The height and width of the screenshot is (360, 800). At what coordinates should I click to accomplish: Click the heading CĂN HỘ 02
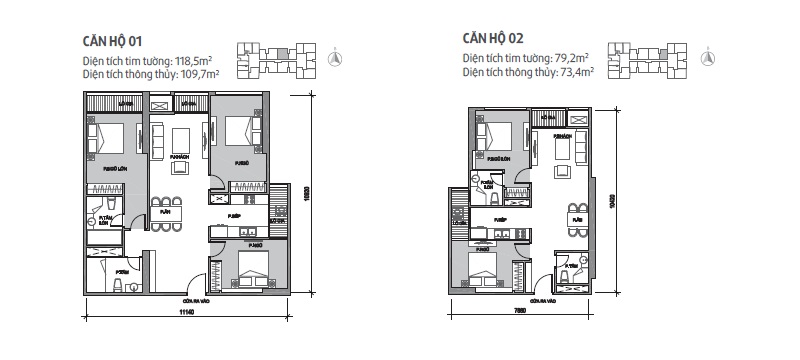(494, 38)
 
